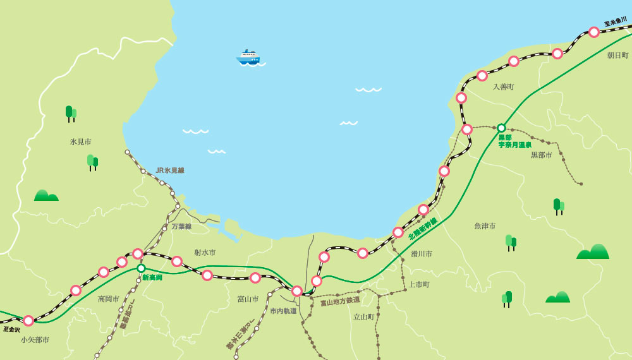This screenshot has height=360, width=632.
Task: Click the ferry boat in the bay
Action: pos(248,57)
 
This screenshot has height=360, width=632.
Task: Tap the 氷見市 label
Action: pos(81,142)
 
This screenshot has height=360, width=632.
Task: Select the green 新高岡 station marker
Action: pos(141,268)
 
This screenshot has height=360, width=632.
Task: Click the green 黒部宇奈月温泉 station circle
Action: pos(501,128)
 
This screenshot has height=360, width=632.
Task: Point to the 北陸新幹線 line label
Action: pos(423,229)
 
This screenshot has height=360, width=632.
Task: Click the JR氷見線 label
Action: pos(170,171)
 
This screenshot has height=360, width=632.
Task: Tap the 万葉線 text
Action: pos(181,226)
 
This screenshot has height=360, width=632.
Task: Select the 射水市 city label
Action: pos(205,253)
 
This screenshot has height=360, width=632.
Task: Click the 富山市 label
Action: pos(248,299)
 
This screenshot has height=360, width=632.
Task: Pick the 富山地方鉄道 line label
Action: pos(340,301)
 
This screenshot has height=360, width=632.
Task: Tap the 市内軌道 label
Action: pos(283,311)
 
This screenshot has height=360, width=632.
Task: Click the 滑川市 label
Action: pos(422,254)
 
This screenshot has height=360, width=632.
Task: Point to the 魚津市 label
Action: pos(485,225)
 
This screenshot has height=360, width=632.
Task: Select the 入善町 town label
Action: pos(504,87)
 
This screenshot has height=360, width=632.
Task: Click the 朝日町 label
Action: pos(617,56)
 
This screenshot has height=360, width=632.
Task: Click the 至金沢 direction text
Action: pos(11,330)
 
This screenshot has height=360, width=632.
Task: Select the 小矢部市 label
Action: pos(35,340)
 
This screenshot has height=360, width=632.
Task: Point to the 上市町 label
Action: pos(418,285)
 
